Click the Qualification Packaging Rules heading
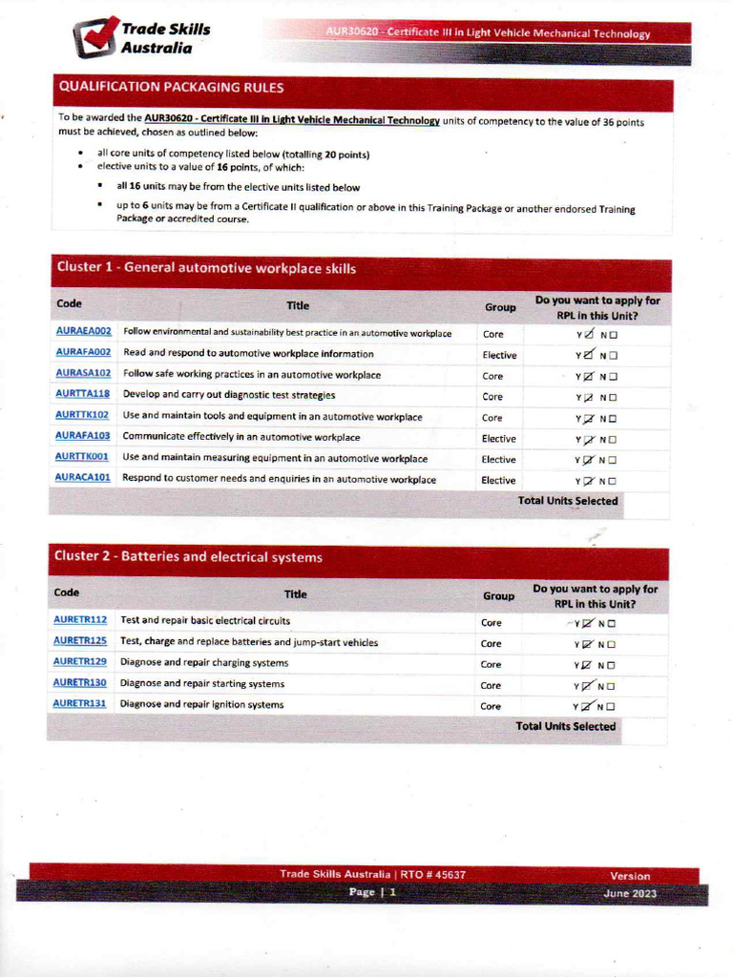[172, 87]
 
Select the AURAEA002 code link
[83, 332]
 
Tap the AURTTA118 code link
[83, 395]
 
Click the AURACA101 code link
[83, 479]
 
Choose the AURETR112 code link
[80, 621]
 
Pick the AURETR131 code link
[80, 705]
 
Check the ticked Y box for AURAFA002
[588, 355]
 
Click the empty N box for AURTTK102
[613, 419]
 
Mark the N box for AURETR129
[611, 665]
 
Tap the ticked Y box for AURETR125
[587, 644]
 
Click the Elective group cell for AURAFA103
[498, 439]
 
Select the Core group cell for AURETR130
[491, 685]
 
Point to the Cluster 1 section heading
[206, 269]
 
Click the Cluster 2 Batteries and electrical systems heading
[189, 557]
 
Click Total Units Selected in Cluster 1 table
[567, 501]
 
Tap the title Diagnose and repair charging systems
[204, 663]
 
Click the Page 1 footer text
[372, 893]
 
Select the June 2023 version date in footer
[630, 894]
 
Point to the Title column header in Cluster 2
[296, 594]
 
